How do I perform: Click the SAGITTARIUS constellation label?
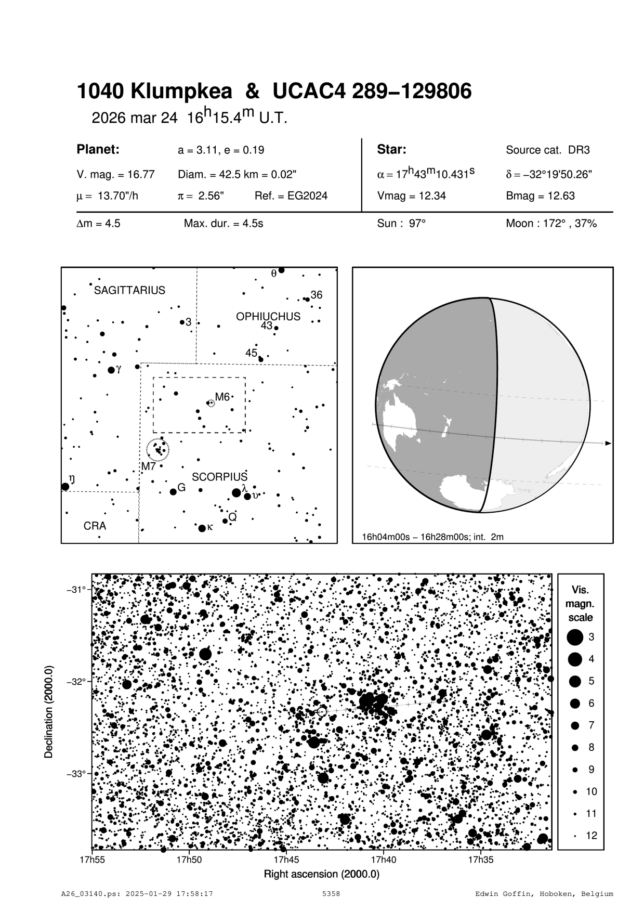(x=129, y=290)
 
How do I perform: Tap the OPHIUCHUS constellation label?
(x=268, y=316)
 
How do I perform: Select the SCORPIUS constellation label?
(x=220, y=477)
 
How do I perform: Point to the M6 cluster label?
(x=222, y=397)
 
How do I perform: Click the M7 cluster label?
(x=149, y=466)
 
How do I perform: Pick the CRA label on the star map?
(x=95, y=526)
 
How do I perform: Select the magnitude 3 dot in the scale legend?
(x=575, y=637)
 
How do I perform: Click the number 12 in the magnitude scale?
(x=592, y=836)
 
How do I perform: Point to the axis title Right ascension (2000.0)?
(x=322, y=874)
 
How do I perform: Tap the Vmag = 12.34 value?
(x=411, y=196)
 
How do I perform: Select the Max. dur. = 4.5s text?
(x=224, y=224)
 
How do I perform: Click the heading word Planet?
(x=98, y=150)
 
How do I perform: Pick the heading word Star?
(x=391, y=150)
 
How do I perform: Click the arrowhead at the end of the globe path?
(x=608, y=444)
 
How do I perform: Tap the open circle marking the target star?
(x=322, y=711)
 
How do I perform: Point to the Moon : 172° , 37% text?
(x=551, y=224)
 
